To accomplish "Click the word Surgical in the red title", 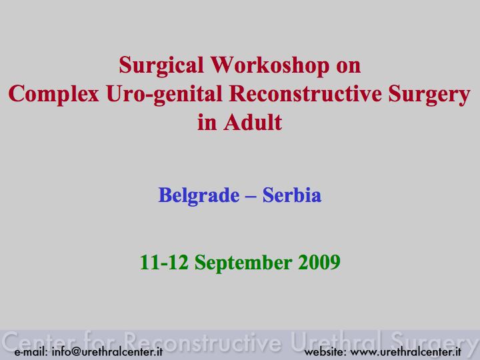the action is (x=161, y=65).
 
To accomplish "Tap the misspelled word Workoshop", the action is (x=270, y=65).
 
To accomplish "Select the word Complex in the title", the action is (x=54, y=94).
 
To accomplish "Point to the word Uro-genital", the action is (x=165, y=94).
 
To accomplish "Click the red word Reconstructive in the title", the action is (x=305, y=93).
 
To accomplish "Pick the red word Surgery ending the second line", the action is (x=429, y=94).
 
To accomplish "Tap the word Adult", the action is (x=253, y=123).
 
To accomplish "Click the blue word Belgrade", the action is (x=199, y=195).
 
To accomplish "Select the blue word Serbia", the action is (x=292, y=195).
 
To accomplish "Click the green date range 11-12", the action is (x=164, y=263).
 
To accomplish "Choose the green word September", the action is (x=243, y=263).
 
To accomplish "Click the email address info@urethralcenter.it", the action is (x=107, y=352).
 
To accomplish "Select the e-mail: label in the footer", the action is (x=31, y=352).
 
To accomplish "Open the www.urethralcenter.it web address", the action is (x=405, y=352).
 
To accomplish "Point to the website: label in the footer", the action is (x=325, y=352).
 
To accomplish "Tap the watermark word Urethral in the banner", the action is (x=337, y=341).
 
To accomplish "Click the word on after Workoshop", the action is (x=349, y=68).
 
